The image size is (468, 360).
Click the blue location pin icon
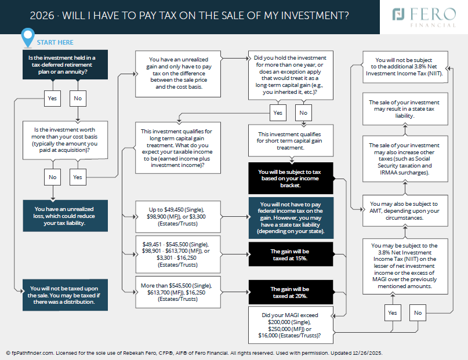(x=28, y=38)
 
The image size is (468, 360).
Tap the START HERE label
(x=55, y=42)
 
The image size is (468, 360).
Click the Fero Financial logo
(x=424, y=17)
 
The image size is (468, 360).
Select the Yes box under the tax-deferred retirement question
(x=52, y=99)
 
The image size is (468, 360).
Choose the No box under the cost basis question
(x=53, y=177)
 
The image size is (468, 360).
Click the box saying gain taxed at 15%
(x=291, y=254)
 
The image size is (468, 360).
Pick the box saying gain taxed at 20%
(x=291, y=292)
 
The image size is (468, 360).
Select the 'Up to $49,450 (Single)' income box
(x=178, y=217)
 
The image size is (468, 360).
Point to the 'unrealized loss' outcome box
(x=66, y=216)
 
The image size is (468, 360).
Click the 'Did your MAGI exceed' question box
(x=291, y=325)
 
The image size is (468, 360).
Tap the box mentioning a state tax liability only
(x=405, y=109)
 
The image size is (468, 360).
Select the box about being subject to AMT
(x=405, y=210)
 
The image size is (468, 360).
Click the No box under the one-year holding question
(x=303, y=112)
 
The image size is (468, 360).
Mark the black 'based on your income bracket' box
(x=291, y=179)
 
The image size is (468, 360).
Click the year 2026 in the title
(x=42, y=16)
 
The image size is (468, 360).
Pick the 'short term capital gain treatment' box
(x=291, y=141)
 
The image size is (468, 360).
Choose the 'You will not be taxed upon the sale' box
(x=66, y=295)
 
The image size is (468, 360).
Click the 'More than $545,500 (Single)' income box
(x=178, y=292)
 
